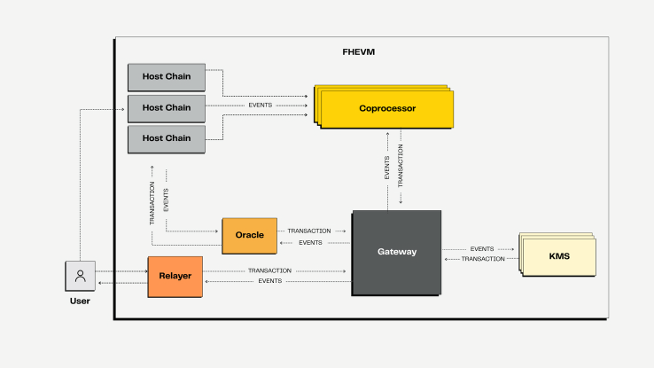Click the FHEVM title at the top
(358, 51)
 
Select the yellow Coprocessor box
(387, 109)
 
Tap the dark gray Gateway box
(396, 252)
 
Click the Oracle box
(249, 235)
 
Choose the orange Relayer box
(175, 275)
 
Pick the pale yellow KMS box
(559, 257)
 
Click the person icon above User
(80, 276)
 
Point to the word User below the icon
(80, 301)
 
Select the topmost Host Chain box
(167, 77)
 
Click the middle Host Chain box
(167, 107)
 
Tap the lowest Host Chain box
(167, 137)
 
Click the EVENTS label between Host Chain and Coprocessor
(260, 106)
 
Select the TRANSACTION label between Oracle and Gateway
(309, 231)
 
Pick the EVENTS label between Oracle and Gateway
(310, 242)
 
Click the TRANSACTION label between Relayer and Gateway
(269, 270)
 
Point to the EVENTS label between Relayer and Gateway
(270, 281)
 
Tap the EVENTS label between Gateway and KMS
(482, 249)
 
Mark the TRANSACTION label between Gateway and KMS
(483, 259)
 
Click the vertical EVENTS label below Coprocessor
(386, 168)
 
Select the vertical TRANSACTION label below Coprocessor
(400, 166)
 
